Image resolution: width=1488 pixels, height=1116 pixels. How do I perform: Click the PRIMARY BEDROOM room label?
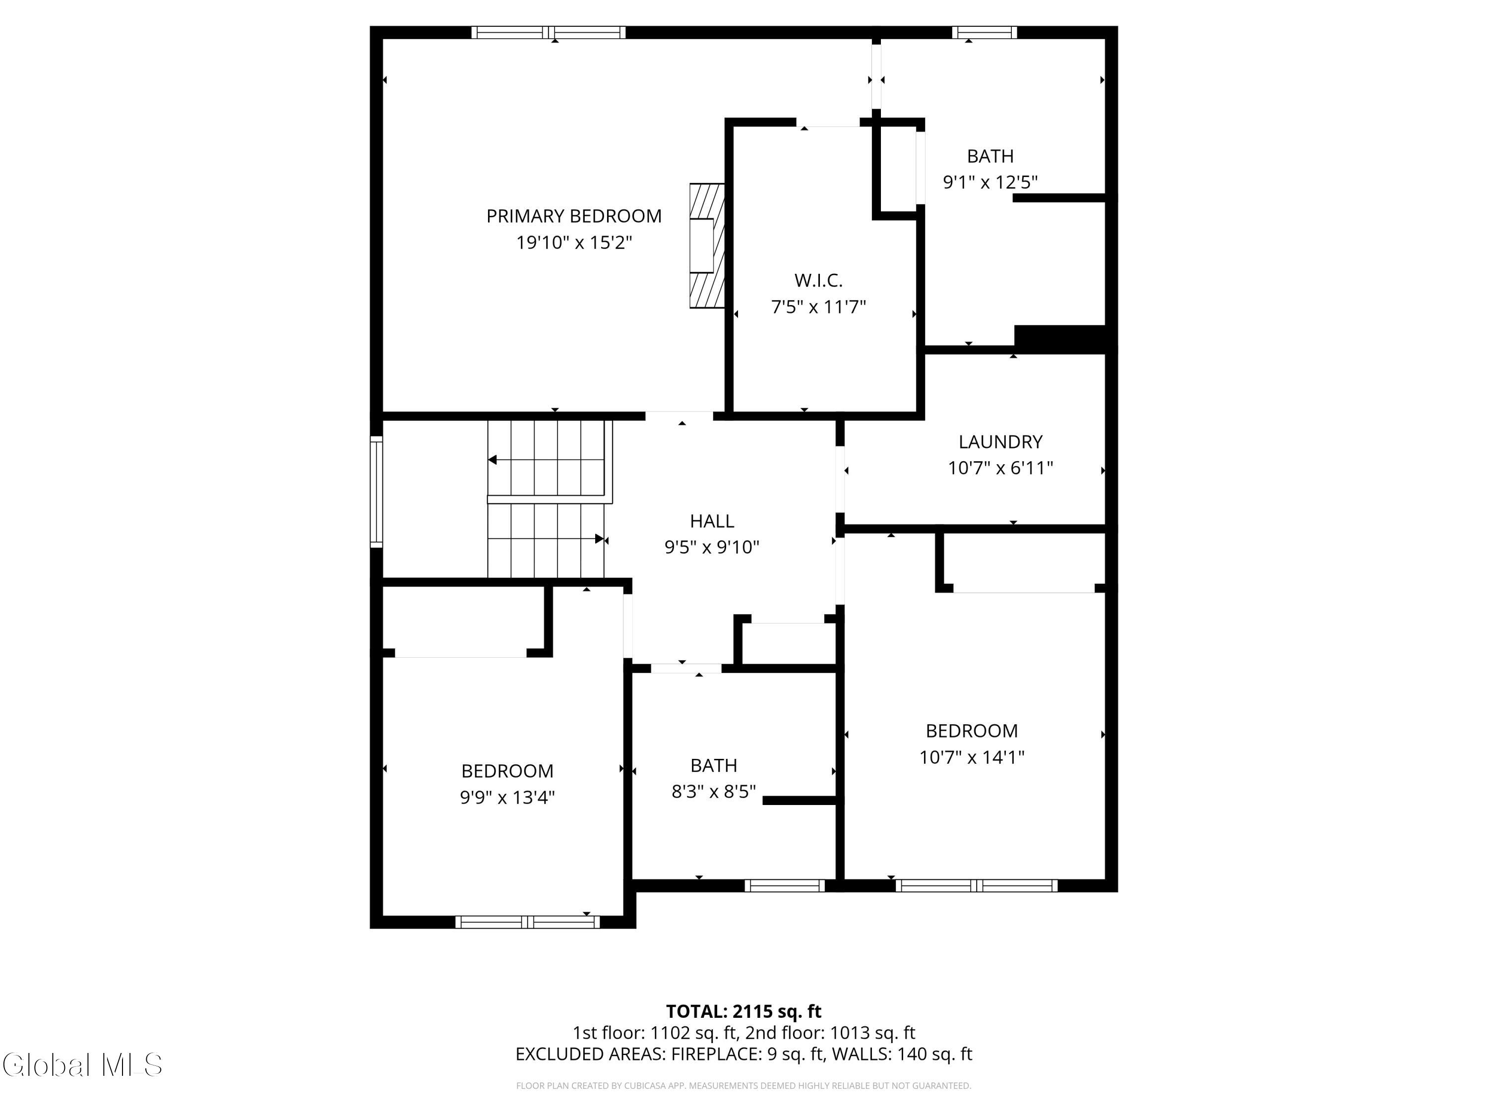574,216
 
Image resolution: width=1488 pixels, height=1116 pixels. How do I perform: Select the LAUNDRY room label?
1000,442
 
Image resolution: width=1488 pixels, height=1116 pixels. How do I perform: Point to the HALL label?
712,521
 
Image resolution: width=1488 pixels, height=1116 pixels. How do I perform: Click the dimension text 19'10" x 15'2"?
574,242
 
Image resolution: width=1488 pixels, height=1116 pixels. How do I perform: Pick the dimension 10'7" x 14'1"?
971,757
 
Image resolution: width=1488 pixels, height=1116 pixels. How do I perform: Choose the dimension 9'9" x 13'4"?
507,797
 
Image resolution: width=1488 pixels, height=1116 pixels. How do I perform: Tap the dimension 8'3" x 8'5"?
714,792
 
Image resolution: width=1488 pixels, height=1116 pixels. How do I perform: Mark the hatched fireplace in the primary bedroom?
707,246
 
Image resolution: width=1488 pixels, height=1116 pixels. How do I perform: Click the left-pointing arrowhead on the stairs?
493,460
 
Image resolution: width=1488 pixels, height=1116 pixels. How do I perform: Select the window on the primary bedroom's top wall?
548,32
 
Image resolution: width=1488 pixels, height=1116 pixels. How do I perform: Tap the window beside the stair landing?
376,491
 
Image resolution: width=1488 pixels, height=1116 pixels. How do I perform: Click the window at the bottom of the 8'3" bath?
784,886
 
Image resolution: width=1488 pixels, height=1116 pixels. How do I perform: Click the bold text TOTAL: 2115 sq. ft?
744,1011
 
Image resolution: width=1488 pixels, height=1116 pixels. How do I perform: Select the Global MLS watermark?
82,1065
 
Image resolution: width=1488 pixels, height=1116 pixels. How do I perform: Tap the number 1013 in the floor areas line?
848,1033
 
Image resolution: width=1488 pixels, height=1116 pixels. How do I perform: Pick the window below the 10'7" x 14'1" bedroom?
976,886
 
